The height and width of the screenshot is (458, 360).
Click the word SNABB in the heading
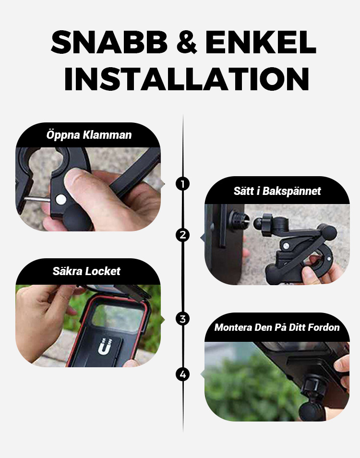(109, 42)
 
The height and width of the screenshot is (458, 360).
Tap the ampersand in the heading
(187, 42)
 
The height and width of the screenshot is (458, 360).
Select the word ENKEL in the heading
(261, 42)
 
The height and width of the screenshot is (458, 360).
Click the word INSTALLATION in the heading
(187, 79)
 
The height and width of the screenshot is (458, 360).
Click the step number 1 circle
(183, 184)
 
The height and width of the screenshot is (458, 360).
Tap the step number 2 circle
(183, 235)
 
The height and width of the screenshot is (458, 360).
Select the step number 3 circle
(183, 319)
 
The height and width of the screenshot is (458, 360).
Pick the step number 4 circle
(183, 374)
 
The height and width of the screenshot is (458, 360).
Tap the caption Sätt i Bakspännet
(277, 191)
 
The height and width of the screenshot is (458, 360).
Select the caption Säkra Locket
(86, 271)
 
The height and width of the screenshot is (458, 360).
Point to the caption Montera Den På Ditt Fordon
(277, 327)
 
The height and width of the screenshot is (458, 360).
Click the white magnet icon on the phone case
(105, 347)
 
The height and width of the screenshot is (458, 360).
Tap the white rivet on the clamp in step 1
(61, 200)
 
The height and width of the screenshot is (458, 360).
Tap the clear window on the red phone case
(118, 318)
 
